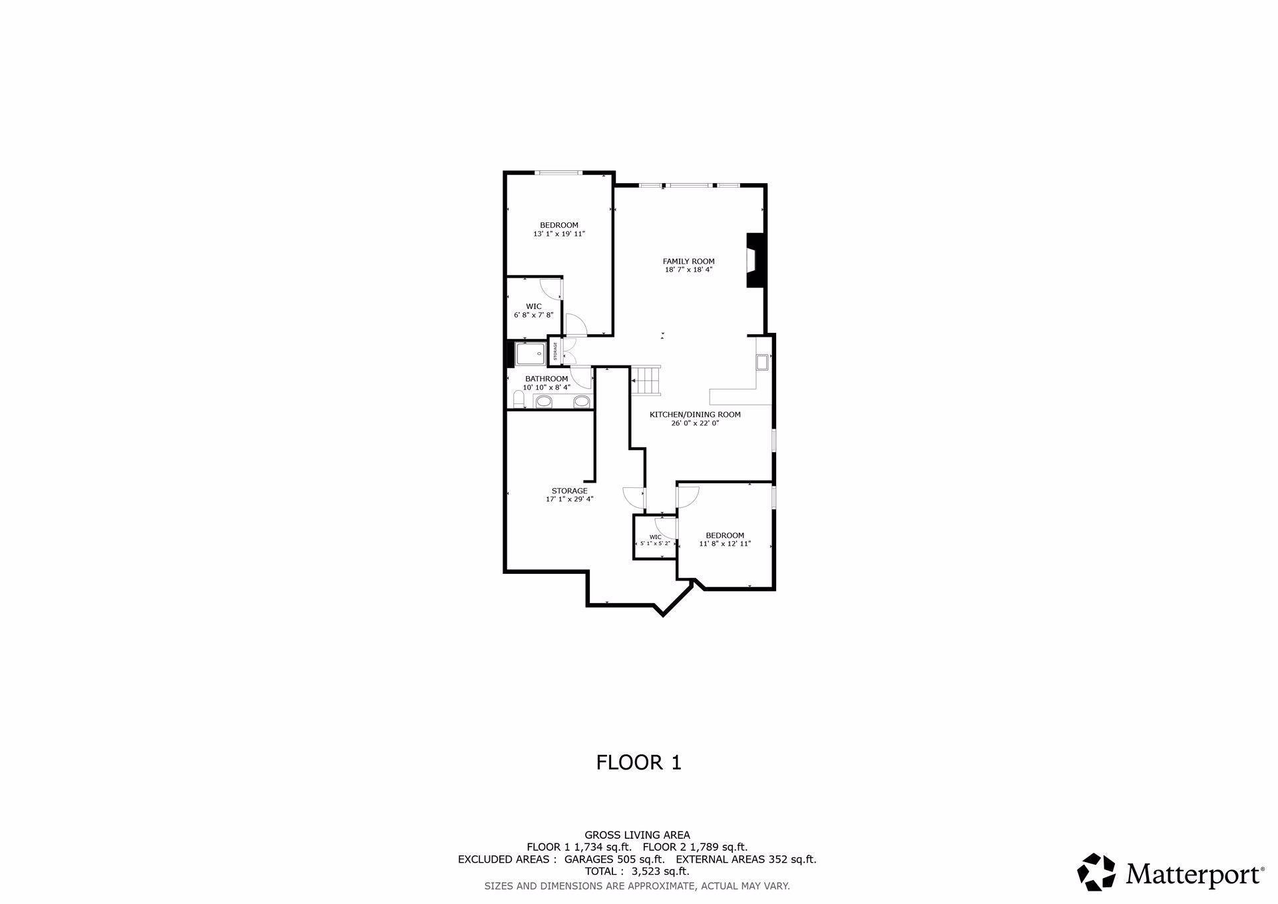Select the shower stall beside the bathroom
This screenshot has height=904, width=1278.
pyautogui.click(x=531, y=353)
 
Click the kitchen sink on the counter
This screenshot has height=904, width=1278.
pyautogui.click(x=761, y=363)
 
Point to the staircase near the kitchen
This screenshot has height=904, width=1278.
pyautogui.click(x=646, y=381)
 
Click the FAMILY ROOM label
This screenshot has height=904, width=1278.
pyautogui.click(x=688, y=262)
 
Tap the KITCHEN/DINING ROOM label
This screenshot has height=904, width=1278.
pyautogui.click(x=695, y=415)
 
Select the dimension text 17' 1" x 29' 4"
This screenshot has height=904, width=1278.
pyautogui.click(x=569, y=499)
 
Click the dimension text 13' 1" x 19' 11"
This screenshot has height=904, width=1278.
pyautogui.click(x=558, y=234)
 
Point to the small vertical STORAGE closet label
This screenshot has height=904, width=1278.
pyautogui.click(x=555, y=351)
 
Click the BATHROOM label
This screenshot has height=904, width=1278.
pyautogui.click(x=546, y=379)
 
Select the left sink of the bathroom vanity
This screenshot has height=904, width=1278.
pyautogui.click(x=544, y=401)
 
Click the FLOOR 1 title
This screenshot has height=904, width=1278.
pyautogui.click(x=638, y=762)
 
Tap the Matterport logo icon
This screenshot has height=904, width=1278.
pyautogui.click(x=1096, y=871)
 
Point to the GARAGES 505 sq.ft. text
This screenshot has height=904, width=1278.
pyautogui.click(x=614, y=859)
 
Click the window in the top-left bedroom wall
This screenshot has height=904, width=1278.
pyautogui.click(x=559, y=173)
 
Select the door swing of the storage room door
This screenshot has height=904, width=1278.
pyautogui.click(x=634, y=496)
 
